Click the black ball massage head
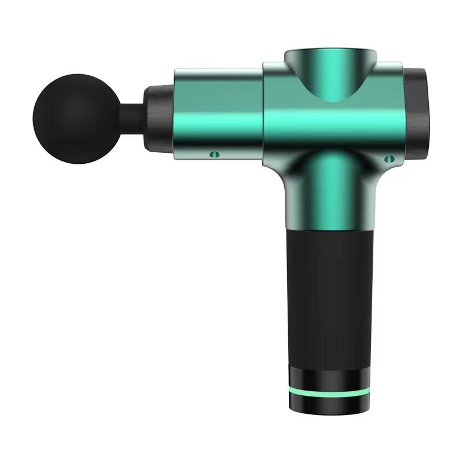68,119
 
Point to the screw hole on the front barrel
214,154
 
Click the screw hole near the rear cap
389,158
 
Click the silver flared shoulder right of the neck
368,185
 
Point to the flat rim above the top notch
330,53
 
